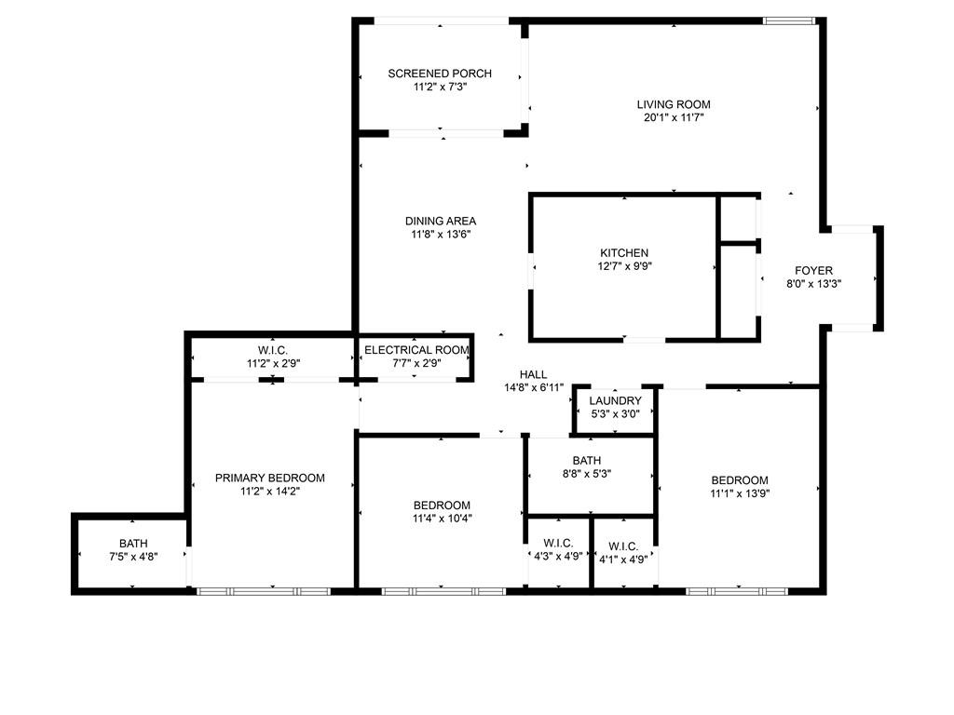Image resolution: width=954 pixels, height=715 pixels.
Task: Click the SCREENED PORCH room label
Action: [440, 74]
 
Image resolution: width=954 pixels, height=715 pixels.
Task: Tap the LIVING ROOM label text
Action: [674, 104]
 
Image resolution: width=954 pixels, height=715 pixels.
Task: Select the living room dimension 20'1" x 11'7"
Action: [674, 118]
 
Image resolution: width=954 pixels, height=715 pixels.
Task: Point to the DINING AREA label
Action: [441, 221]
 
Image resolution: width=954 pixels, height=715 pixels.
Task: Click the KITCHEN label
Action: [624, 252]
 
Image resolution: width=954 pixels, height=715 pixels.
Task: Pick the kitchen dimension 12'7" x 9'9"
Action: [624, 266]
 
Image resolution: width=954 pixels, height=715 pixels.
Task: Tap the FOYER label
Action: [814, 270]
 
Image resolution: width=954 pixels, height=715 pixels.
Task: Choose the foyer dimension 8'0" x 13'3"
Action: [814, 284]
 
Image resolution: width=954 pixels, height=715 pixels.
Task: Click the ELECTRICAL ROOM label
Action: [416, 350]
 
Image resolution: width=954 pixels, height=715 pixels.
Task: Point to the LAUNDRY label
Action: [615, 401]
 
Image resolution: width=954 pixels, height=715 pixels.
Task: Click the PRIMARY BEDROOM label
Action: [270, 478]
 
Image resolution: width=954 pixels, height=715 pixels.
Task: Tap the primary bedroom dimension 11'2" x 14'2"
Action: [270, 491]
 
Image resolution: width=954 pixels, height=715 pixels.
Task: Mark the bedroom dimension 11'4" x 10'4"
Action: [443, 519]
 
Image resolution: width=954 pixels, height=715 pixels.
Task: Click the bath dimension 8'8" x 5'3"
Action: [587, 474]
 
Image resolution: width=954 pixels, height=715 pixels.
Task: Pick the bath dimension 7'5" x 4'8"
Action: [133, 558]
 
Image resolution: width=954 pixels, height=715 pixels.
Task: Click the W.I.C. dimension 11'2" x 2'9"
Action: [273, 364]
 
